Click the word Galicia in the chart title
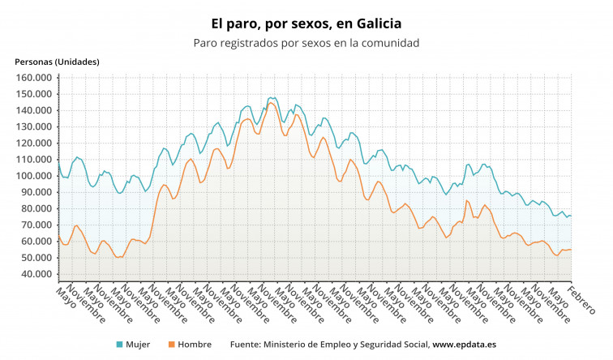click(372, 24)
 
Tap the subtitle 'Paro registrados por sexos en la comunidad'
click(306, 43)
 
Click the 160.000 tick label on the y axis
click(34, 78)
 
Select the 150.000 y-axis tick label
click(34, 94)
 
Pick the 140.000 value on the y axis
click(34, 110)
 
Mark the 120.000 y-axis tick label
click(34, 144)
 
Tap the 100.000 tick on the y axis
click(34, 176)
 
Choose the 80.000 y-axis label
click(36, 208)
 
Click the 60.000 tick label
click(36, 242)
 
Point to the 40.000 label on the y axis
click(36, 274)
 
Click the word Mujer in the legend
click(138, 345)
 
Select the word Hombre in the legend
click(195, 345)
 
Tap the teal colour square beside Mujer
click(119, 345)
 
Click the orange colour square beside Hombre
click(173, 345)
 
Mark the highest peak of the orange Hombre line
click(272, 103)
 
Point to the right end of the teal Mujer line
click(571, 216)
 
